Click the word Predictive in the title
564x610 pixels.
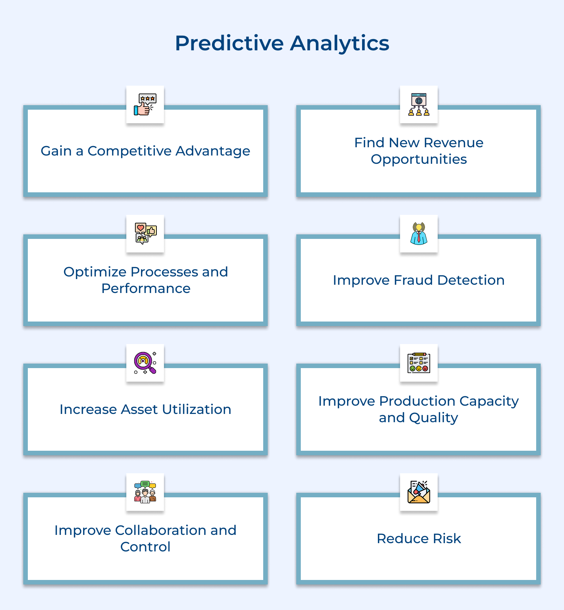pyautogui.click(x=229, y=43)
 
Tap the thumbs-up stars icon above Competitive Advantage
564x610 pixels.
pyautogui.click(x=145, y=104)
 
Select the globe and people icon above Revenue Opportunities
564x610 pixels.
pyautogui.click(x=419, y=104)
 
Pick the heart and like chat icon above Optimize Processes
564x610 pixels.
pyautogui.click(x=145, y=234)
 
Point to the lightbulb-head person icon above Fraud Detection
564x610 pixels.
pyautogui.click(x=419, y=234)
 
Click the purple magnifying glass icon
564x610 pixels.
pyautogui.click(x=145, y=363)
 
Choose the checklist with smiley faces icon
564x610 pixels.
pyautogui.click(x=419, y=363)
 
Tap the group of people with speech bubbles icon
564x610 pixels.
pyautogui.click(x=145, y=492)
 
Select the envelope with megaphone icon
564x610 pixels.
pyautogui.click(x=419, y=492)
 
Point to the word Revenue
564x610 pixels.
pyautogui.click(x=453, y=143)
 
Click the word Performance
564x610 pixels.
pyautogui.click(x=146, y=288)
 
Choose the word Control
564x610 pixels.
pyautogui.click(x=146, y=547)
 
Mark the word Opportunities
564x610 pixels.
pyautogui.click(x=419, y=159)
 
